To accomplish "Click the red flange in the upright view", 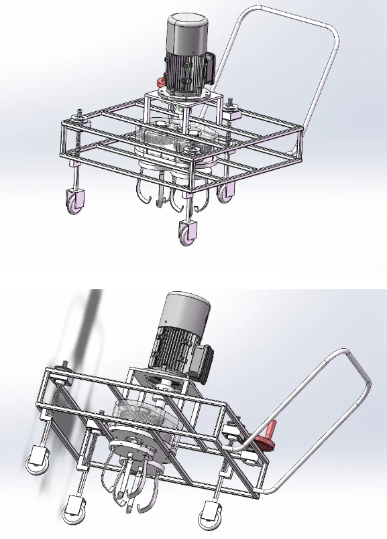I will click(x=162, y=82).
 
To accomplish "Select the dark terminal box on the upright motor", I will click(x=209, y=68).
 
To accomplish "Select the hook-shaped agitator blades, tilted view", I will click(x=131, y=482).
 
